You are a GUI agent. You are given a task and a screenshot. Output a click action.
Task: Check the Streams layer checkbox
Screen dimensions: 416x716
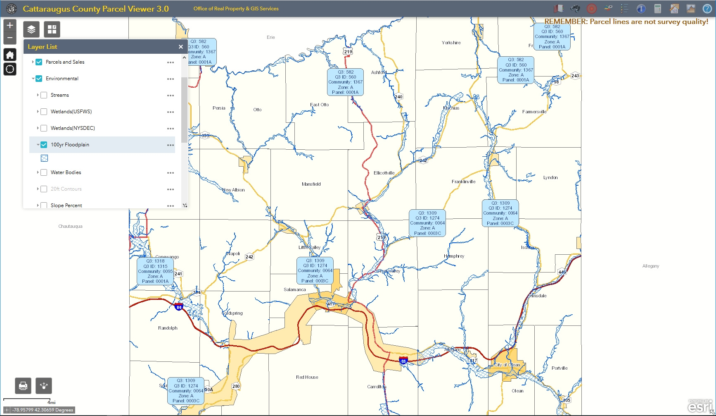(x=44, y=95)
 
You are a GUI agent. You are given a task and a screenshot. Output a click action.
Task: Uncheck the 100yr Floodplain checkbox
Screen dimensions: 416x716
(x=44, y=145)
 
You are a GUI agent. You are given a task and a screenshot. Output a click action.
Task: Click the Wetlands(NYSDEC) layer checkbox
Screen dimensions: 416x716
(x=44, y=128)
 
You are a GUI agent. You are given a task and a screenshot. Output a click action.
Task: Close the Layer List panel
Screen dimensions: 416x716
(x=180, y=47)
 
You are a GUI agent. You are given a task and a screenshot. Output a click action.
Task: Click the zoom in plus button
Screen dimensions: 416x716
(x=10, y=25)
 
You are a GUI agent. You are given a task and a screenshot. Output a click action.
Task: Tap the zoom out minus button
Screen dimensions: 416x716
(x=10, y=38)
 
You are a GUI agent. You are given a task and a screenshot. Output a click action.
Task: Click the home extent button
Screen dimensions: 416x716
(x=10, y=55)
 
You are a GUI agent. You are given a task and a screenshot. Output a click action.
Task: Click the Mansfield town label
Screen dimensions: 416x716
(x=311, y=184)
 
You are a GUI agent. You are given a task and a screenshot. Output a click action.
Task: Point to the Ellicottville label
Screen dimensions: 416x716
(x=384, y=173)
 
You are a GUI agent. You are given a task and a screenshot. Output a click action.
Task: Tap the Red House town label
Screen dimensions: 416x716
(x=307, y=377)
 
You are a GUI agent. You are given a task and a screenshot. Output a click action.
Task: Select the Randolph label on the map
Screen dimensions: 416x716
(x=168, y=328)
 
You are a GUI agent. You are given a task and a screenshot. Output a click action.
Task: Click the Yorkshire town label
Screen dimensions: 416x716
(x=451, y=43)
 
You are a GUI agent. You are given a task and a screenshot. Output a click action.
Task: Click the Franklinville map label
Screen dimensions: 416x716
(x=463, y=182)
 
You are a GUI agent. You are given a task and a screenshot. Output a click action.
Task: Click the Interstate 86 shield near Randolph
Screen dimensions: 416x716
(x=179, y=307)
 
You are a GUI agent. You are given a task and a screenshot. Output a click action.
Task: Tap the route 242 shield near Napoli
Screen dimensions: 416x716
(x=249, y=257)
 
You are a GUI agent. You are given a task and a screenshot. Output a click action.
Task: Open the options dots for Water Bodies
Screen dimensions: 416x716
(x=171, y=173)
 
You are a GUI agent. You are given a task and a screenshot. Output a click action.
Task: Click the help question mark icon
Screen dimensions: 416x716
(x=707, y=9)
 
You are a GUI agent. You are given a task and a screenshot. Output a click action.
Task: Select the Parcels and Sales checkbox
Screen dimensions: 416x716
(x=39, y=62)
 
